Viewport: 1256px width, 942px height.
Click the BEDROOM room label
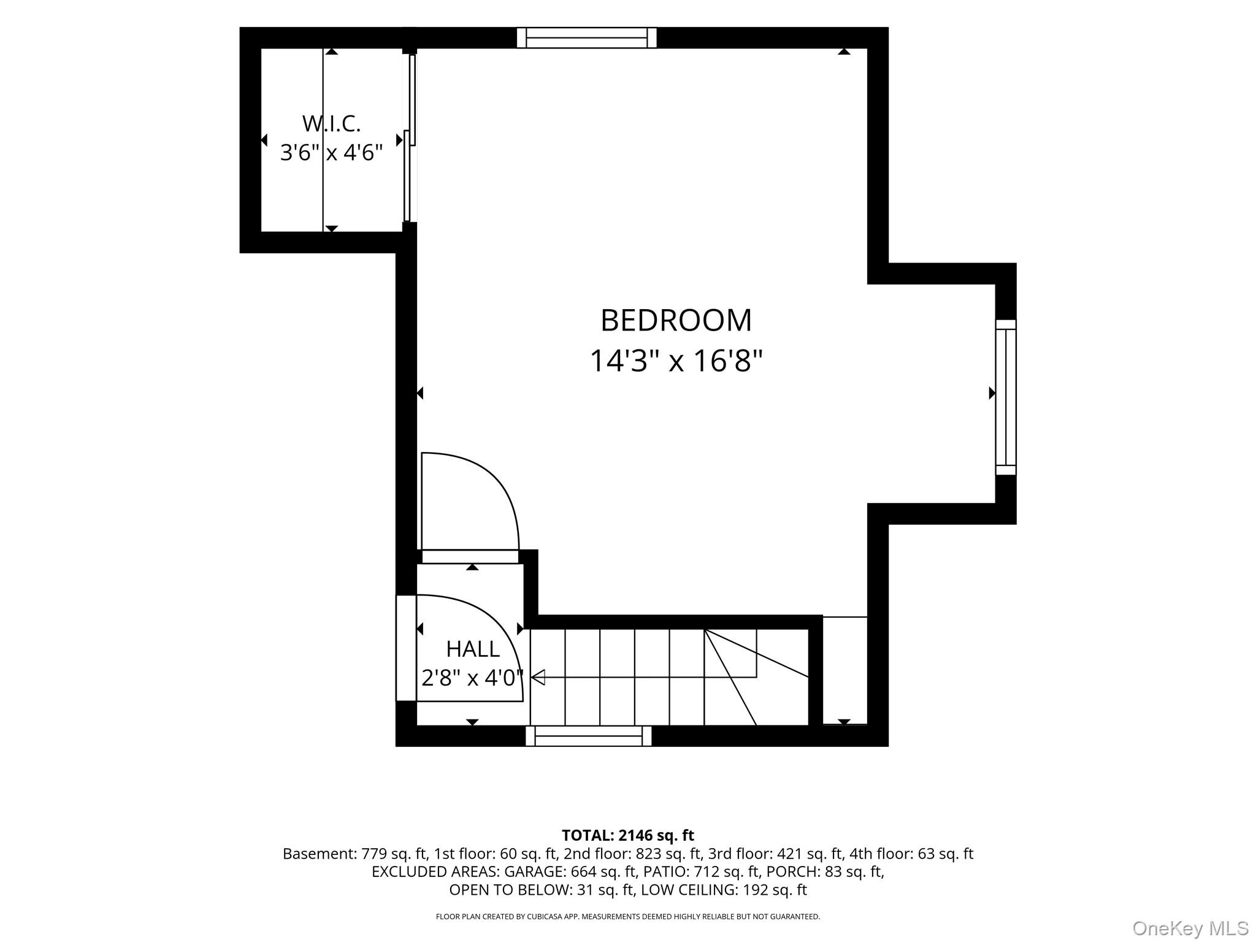tap(676, 320)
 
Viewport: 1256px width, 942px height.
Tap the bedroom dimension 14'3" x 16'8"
tap(676, 361)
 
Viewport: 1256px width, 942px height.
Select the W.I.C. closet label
tap(331, 124)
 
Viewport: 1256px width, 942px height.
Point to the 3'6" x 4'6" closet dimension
tap(331, 152)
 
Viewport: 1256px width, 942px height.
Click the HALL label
tap(473, 649)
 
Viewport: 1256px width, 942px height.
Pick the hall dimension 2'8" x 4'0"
tap(472, 678)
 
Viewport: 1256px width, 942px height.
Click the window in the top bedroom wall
tap(587, 38)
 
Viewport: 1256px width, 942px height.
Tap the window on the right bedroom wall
tap(1006, 397)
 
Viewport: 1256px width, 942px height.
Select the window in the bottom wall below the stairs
tap(589, 736)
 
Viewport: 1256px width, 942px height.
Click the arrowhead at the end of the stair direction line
tap(538, 678)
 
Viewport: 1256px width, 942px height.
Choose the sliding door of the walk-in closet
tap(410, 138)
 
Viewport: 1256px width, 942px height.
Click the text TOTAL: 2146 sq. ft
tap(628, 835)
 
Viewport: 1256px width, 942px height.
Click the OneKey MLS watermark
tap(1190, 929)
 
